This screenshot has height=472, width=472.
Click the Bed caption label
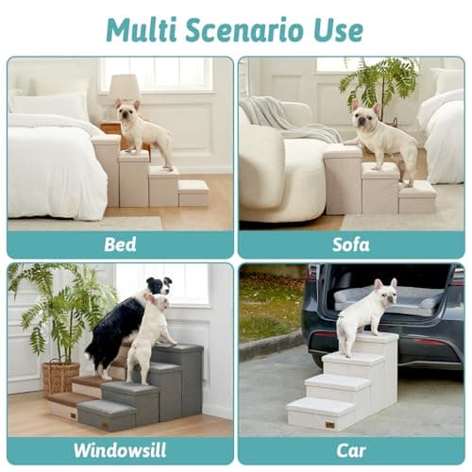pyautogui.click(x=119, y=244)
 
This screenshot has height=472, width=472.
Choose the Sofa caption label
pyautogui.click(x=351, y=244)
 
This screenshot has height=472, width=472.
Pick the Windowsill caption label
pyautogui.click(x=119, y=450)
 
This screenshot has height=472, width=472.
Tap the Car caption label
pyautogui.click(x=351, y=450)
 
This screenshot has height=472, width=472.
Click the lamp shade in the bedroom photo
pyautogui.click(x=125, y=88)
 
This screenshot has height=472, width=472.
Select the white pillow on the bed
pyautogui.click(x=47, y=105)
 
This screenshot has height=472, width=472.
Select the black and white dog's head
pyautogui.click(x=159, y=285)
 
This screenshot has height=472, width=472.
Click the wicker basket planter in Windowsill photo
pyautogui.click(x=61, y=377)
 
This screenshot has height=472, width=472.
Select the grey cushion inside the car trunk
pyautogui.click(x=387, y=302)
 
